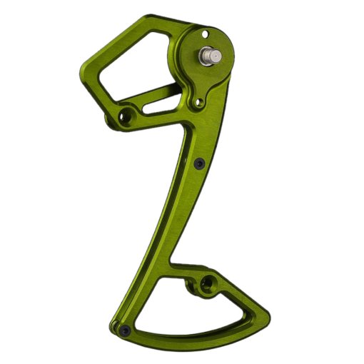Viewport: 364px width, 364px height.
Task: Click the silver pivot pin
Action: pyautogui.click(x=215, y=55)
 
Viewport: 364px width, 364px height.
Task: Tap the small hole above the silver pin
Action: pyautogui.click(x=205, y=33)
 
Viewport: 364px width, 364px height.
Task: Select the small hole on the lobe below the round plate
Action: pyautogui.click(x=197, y=104)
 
